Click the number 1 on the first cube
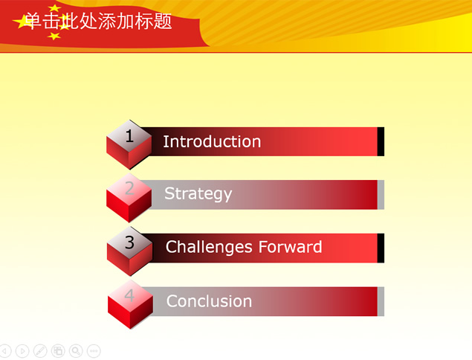[x=129, y=136]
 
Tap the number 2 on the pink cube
[x=129, y=188]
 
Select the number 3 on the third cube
[x=129, y=242]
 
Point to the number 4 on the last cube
[x=129, y=295]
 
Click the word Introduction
[x=212, y=141]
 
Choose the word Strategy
[x=198, y=194]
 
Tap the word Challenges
[x=209, y=248]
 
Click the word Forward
[x=290, y=247]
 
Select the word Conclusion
[x=209, y=301]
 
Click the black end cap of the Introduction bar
[x=381, y=141]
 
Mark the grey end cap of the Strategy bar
[x=381, y=195]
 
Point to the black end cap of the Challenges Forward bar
[x=381, y=248]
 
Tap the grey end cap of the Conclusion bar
[x=381, y=301]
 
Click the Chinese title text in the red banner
[x=98, y=21]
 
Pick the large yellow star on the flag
[x=22, y=22]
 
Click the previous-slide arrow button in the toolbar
[x=4, y=351]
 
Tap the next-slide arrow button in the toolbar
[x=22, y=351]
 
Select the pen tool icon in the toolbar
[x=40, y=351]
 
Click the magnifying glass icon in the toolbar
[x=76, y=351]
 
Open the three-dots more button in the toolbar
[x=94, y=351]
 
